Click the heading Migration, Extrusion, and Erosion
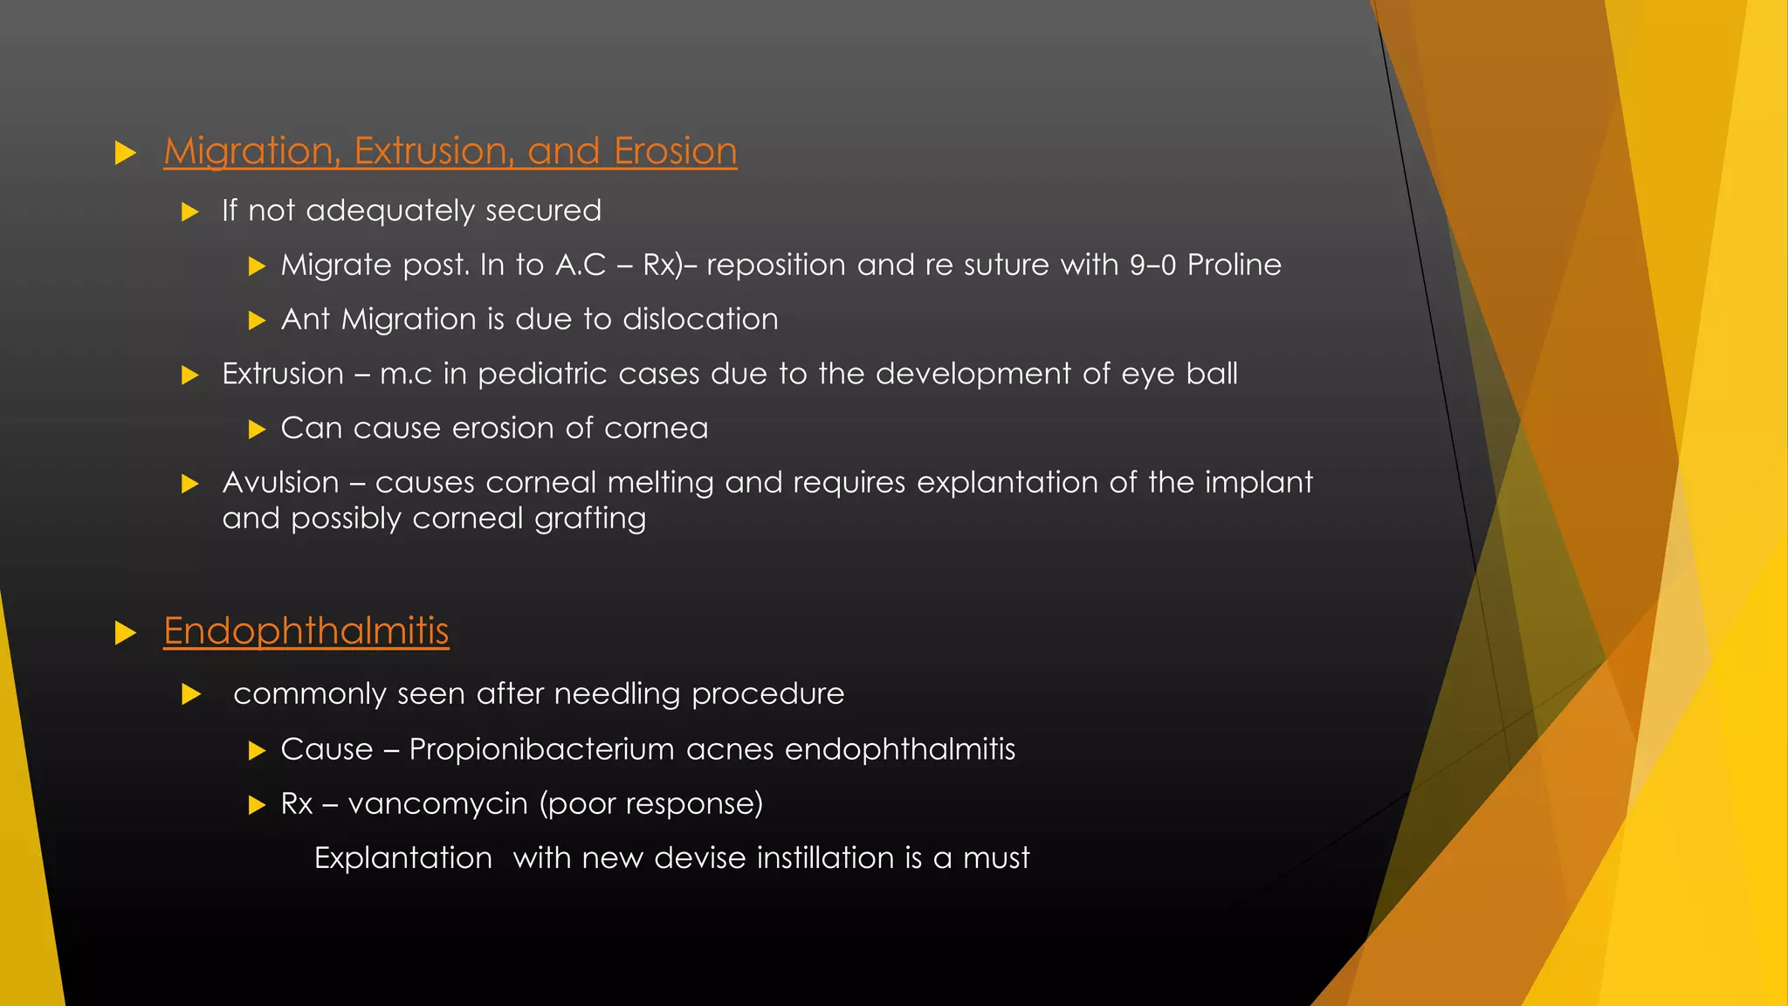click(450, 152)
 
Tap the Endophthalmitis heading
click(306, 631)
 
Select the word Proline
click(1234, 265)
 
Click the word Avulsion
click(280, 482)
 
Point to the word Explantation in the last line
click(402, 858)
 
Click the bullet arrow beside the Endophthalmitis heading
click(126, 633)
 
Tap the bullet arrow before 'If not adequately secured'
click(190, 212)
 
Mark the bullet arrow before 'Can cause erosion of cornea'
click(257, 429)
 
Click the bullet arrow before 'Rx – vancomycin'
click(257, 804)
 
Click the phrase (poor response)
click(650, 803)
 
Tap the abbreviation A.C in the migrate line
click(581, 265)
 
